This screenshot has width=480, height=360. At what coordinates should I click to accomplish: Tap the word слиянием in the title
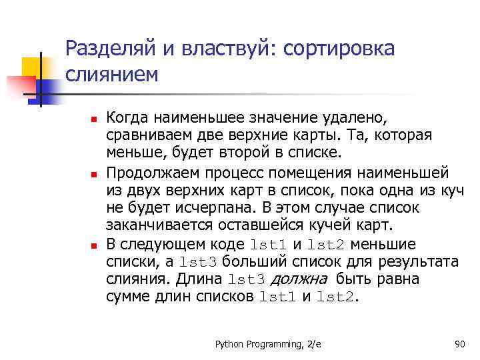tap(113, 74)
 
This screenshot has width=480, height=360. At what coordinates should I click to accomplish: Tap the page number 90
tap(458, 344)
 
